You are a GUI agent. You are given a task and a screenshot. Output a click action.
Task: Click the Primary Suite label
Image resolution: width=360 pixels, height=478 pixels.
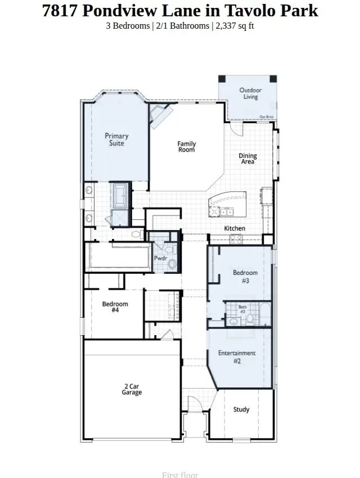(116, 139)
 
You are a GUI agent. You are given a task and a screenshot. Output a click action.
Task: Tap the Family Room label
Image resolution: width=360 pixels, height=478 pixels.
(186, 147)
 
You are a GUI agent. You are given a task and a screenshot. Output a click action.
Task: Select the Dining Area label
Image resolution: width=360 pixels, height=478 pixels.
(247, 159)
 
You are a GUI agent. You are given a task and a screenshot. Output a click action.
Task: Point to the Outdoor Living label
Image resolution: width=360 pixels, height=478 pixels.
(250, 93)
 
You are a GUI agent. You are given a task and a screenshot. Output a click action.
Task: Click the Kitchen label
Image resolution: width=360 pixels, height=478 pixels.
(235, 228)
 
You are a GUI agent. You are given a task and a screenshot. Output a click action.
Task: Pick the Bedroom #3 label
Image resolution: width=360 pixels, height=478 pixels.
(245, 277)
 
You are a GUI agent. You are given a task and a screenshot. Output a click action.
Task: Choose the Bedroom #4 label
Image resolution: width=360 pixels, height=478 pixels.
(115, 307)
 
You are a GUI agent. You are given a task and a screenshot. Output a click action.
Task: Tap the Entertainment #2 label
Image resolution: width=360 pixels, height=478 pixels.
(237, 357)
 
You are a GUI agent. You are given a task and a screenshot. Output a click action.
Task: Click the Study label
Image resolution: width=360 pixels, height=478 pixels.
(241, 409)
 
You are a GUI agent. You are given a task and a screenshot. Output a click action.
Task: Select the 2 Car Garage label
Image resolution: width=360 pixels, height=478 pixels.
(132, 389)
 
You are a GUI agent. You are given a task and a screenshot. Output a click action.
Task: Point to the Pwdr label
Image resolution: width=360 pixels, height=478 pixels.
(160, 258)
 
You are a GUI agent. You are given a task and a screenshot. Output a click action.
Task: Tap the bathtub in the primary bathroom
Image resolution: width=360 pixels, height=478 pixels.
(120, 196)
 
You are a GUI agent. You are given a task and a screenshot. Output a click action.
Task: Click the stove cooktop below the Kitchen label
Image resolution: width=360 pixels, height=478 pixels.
(236, 238)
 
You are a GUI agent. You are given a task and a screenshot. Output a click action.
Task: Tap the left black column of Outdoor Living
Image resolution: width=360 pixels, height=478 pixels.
(222, 79)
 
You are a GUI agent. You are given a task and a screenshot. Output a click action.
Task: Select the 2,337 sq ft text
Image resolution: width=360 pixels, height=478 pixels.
(235, 26)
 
